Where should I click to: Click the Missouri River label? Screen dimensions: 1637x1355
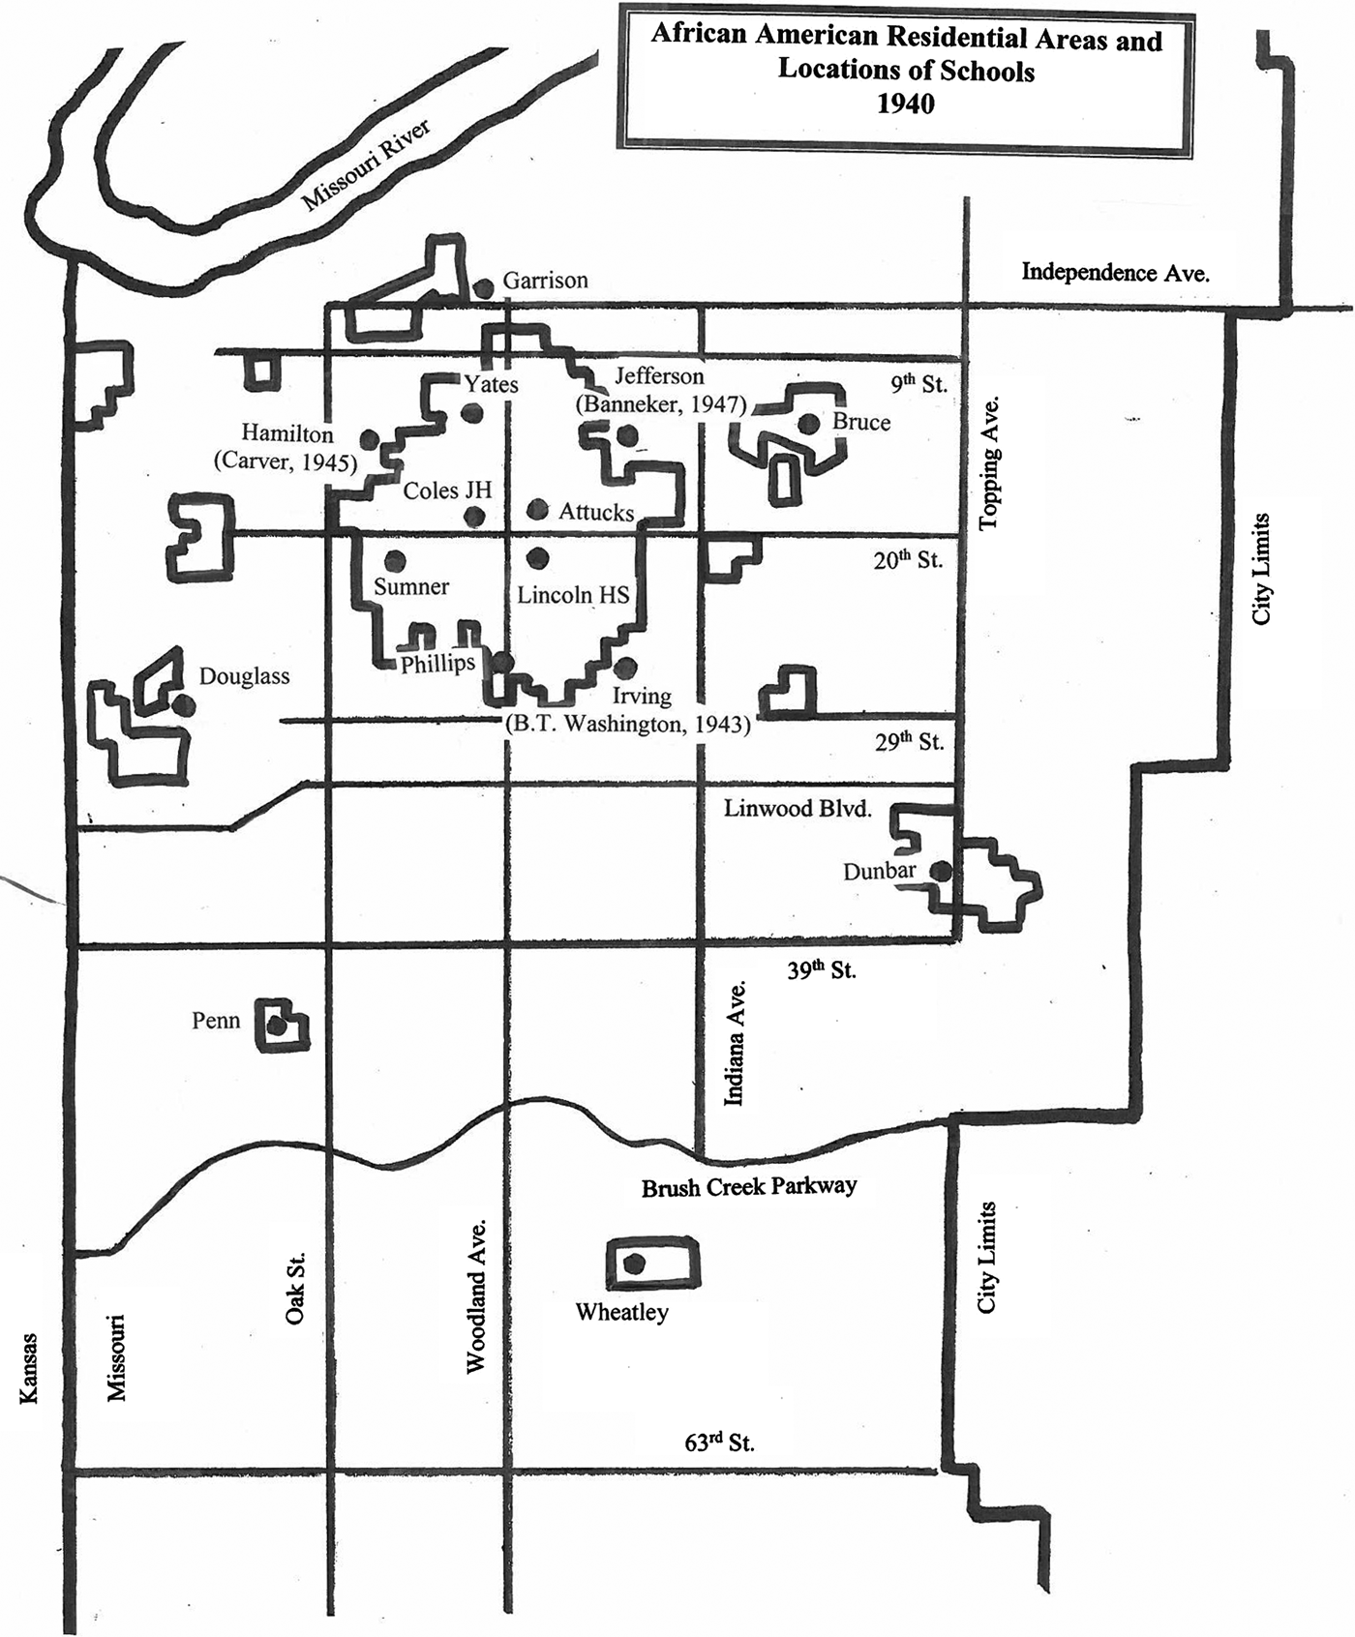tap(366, 164)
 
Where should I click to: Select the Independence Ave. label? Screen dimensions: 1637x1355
tap(1115, 273)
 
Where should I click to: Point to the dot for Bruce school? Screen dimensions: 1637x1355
tap(809, 423)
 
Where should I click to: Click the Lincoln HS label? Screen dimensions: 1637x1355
tap(573, 594)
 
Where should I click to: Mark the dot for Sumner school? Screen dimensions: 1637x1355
tap(394, 560)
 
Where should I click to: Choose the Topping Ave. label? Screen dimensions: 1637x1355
tap(988, 463)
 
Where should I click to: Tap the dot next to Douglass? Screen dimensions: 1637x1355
tap(183, 705)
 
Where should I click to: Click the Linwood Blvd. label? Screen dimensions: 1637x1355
tap(798, 809)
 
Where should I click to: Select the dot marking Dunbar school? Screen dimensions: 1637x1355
tap(941, 871)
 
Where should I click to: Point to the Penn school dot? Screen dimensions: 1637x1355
tap(277, 1027)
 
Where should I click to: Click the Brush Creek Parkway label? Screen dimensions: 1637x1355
tap(749, 1186)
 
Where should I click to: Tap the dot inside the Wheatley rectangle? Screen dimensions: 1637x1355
tap(634, 1263)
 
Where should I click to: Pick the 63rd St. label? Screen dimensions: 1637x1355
tap(719, 1443)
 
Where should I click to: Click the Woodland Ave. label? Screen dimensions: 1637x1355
tap(475, 1296)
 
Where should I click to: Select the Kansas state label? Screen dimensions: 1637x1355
tap(29, 1368)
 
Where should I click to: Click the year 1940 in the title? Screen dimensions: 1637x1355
tap(906, 104)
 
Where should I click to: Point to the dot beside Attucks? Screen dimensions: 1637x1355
tap(538, 509)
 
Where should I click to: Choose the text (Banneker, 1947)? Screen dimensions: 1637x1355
tap(662, 404)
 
